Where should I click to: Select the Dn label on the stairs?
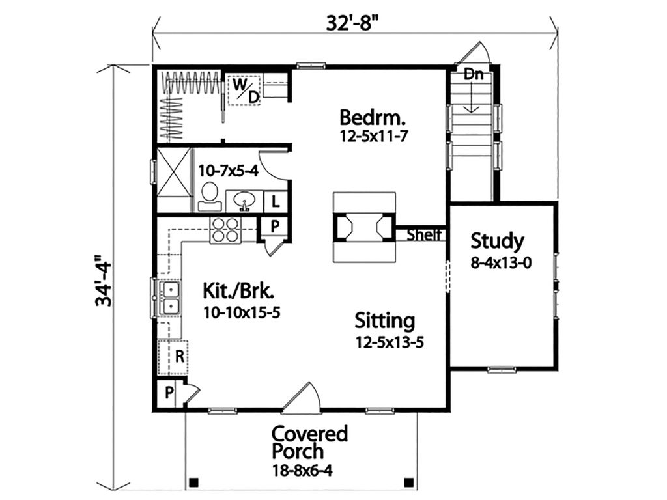click(x=474, y=75)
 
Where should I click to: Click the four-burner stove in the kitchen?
click(x=225, y=230)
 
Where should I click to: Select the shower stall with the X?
click(x=174, y=179)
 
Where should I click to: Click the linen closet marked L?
click(x=276, y=201)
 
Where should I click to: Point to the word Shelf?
click(x=424, y=235)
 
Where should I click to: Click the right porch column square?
click(x=408, y=482)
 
